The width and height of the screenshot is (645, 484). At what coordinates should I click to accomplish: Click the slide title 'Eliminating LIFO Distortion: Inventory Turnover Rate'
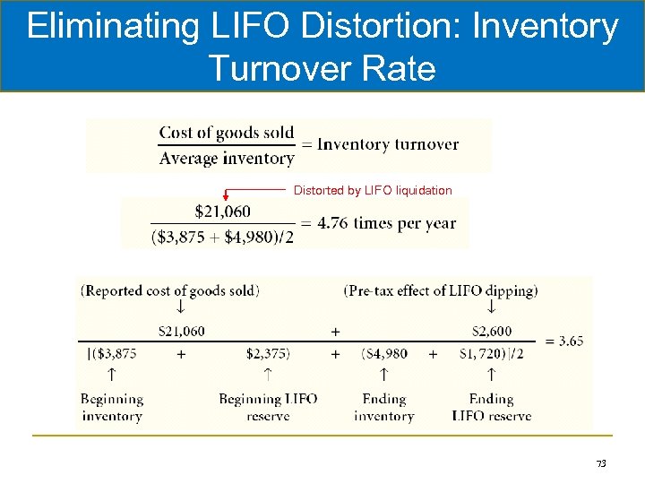click(x=322, y=47)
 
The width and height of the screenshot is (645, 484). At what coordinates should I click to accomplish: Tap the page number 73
click(x=601, y=463)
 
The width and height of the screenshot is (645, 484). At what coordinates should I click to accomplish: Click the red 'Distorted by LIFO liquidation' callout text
click(x=373, y=190)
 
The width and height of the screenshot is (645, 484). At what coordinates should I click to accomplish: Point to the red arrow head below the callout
click(x=226, y=195)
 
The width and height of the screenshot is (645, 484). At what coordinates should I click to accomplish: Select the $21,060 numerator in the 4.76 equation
click(x=222, y=212)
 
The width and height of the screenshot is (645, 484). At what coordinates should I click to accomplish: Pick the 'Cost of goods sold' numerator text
click(x=227, y=133)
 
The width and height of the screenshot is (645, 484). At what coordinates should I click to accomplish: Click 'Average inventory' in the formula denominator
click(x=227, y=159)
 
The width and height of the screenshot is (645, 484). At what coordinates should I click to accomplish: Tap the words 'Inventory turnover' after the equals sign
click(x=388, y=144)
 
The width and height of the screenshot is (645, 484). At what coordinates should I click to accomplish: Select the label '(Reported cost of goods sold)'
click(x=170, y=290)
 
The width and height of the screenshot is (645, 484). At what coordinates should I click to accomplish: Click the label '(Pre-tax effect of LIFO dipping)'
click(x=441, y=290)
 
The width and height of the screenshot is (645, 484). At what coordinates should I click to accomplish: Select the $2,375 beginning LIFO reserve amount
click(x=268, y=354)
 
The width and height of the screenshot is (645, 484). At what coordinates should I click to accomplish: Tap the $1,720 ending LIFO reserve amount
click(x=492, y=354)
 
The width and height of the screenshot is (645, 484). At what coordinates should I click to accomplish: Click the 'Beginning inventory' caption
click(x=112, y=407)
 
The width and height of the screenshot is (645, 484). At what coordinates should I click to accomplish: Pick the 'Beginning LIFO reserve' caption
click(x=268, y=407)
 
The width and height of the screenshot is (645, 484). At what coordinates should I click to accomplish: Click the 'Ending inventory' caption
click(x=383, y=407)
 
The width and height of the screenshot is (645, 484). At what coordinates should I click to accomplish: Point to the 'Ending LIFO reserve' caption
click(x=491, y=407)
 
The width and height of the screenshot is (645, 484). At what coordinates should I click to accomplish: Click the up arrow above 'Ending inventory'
click(x=383, y=371)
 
